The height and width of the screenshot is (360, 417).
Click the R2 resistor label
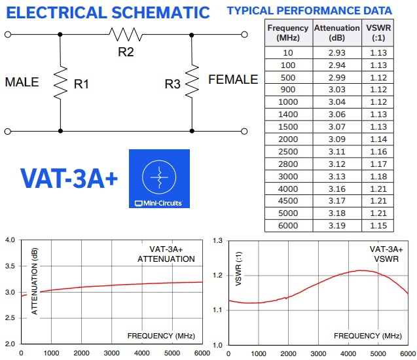[x=126, y=52]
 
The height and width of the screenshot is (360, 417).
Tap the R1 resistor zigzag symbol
[x=60, y=82]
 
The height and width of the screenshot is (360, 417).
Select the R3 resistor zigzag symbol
[x=191, y=82]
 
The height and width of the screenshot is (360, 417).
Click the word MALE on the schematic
[x=22, y=82]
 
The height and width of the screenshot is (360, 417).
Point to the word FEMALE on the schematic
[x=233, y=80]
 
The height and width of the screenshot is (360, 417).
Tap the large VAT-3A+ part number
[x=69, y=179]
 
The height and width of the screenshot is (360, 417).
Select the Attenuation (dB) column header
[x=336, y=33]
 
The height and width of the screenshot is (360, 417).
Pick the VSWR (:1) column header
[x=378, y=33]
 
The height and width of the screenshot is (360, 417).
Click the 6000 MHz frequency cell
[x=287, y=226]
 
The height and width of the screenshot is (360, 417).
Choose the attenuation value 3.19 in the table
[x=336, y=226]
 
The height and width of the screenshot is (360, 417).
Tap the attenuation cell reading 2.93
[x=336, y=53]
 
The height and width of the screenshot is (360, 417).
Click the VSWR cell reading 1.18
[x=378, y=177]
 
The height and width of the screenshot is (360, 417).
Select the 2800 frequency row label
[x=287, y=164]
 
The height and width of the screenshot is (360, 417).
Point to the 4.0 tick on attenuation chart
[x=9, y=240]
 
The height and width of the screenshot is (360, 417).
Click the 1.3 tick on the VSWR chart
[x=218, y=240]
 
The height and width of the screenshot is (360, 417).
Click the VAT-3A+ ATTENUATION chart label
[x=166, y=254]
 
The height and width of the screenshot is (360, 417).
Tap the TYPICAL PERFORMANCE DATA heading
[x=309, y=10]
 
